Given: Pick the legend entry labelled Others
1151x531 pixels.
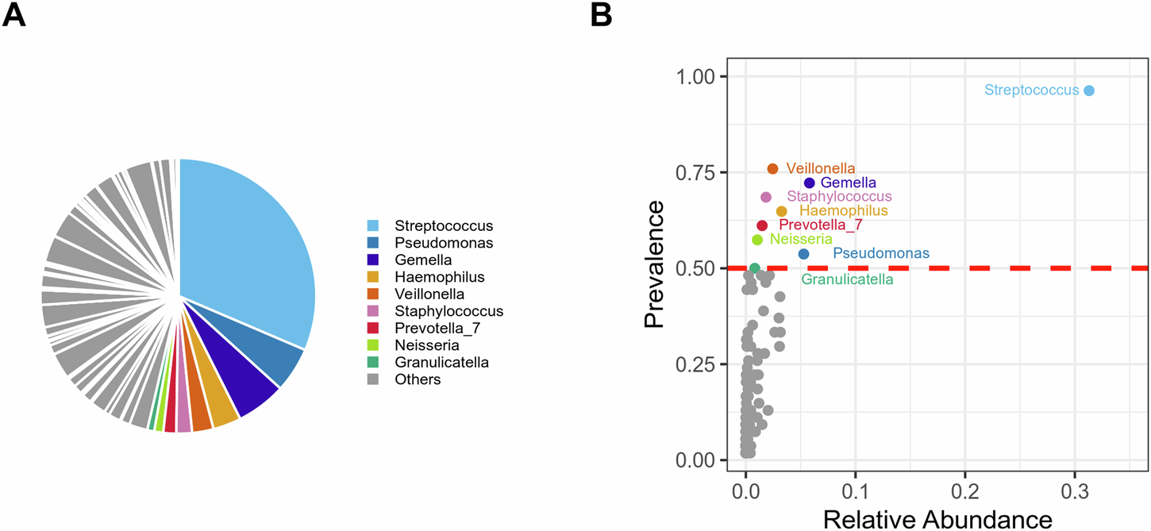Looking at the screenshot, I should [x=418, y=379].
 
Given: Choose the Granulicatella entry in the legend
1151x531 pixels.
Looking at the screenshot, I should [x=441, y=363].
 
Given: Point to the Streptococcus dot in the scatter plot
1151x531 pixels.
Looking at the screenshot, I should [x=1089, y=90].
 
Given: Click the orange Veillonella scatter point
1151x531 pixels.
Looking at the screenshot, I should [x=773, y=168].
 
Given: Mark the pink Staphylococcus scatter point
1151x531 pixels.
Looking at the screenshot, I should [x=766, y=197].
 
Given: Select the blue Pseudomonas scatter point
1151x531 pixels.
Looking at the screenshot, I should [x=803, y=254].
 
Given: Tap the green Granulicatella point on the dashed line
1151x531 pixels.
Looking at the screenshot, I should [x=755, y=268].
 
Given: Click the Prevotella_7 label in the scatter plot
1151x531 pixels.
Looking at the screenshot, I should [x=821, y=225].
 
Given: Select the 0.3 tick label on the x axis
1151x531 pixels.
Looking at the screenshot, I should [x=1074, y=485].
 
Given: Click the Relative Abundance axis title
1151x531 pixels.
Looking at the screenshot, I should [x=937, y=518].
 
